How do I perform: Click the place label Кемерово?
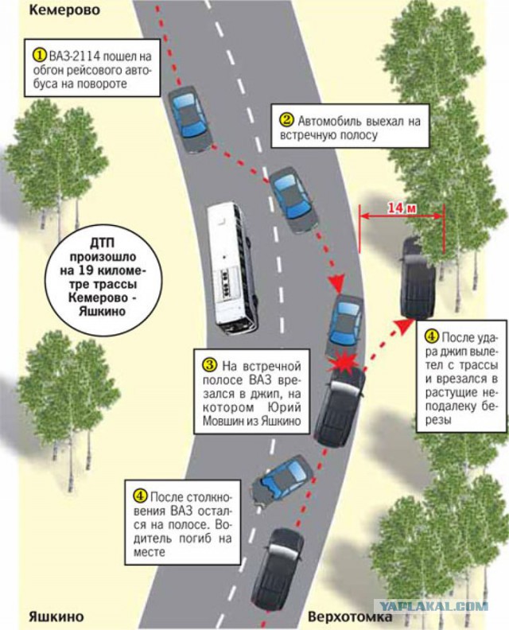pyautogui.click(x=64, y=10)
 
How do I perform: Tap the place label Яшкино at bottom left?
pyautogui.click(x=56, y=616)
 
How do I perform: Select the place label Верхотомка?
pyautogui.click(x=349, y=616)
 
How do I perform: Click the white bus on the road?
pyautogui.click(x=232, y=268)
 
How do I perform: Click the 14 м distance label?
pyautogui.click(x=402, y=208)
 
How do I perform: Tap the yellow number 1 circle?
pyautogui.click(x=39, y=55)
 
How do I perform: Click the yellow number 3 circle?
pyautogui.click(x=210, y=365)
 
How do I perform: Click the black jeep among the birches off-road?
pyautogui.click(x=418, y=278)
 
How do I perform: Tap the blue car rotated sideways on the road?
pyautogui.click(x=282, y=481)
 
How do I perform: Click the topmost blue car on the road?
pyautogui.click(x=189, y=119)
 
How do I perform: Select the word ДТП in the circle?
pyautogui.click(x=102, y=243)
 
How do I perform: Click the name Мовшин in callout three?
pyautogui.click(x=221, y=421)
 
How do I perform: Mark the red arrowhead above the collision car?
pyautogui.click(x=338, y=283)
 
